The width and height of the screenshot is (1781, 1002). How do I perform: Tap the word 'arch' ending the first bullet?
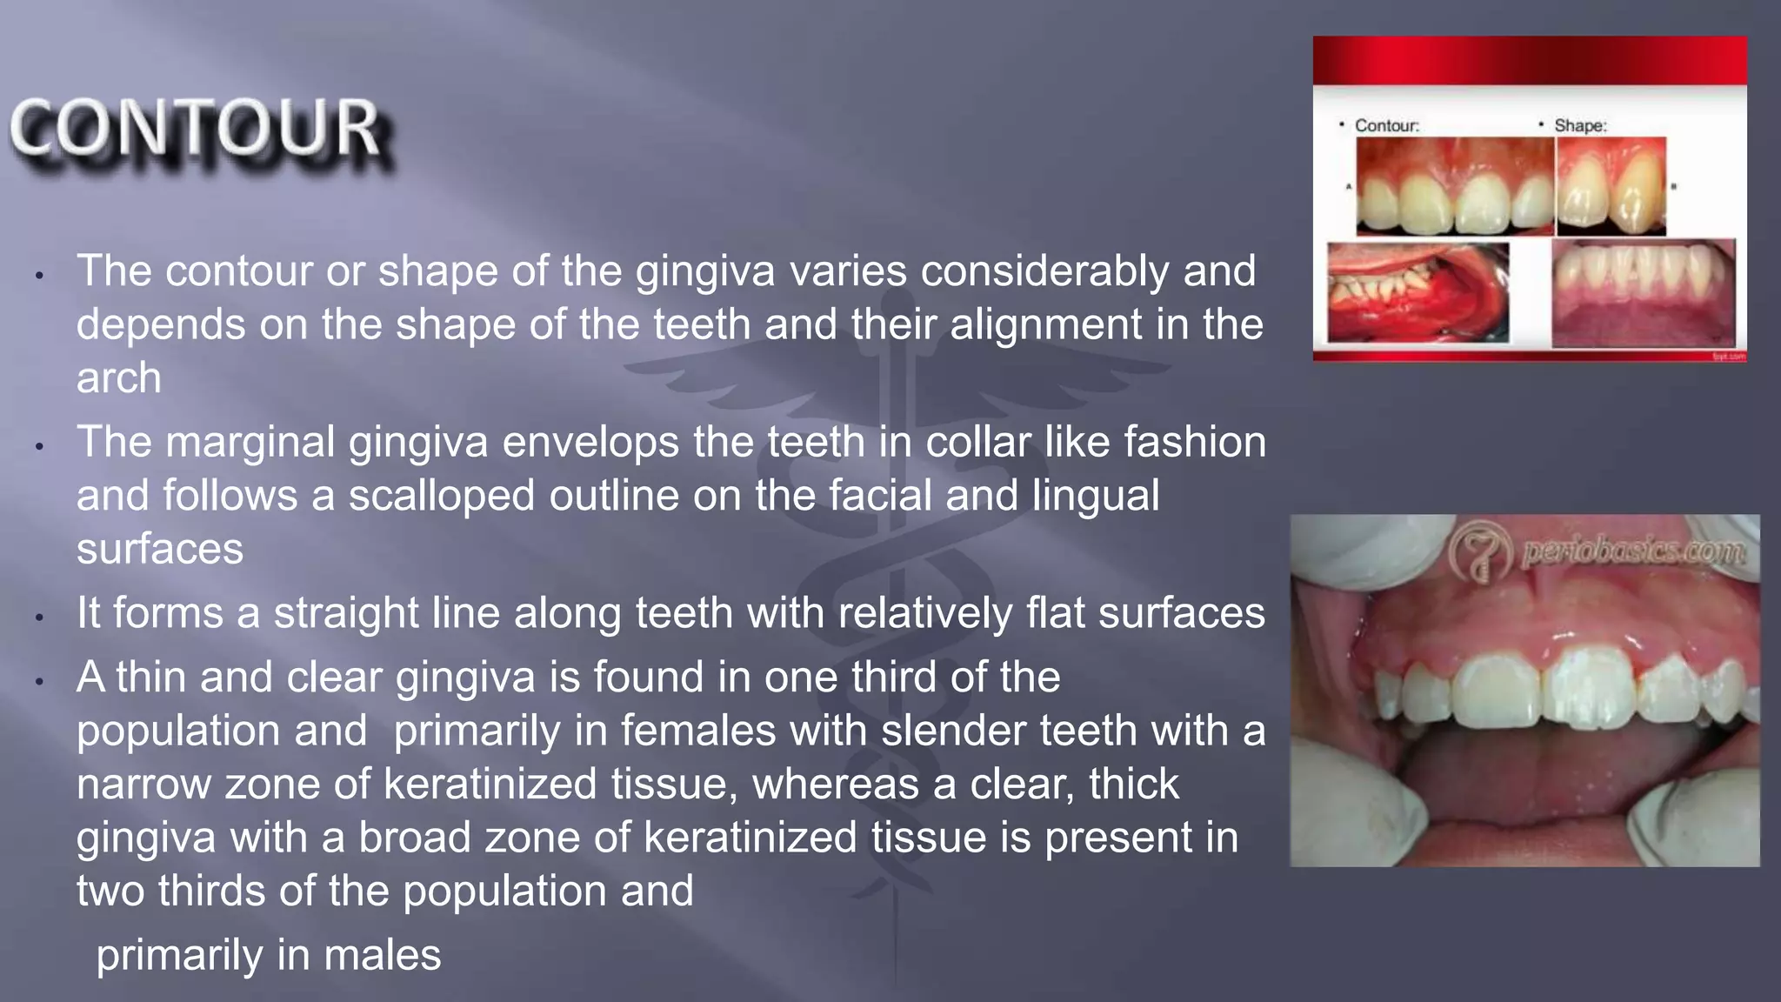[119, 378]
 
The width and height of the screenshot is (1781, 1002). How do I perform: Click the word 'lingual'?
[1096, 496]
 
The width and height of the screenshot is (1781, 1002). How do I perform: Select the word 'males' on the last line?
[383, 955]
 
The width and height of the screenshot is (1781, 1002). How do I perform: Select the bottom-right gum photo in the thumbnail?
[1643, 294]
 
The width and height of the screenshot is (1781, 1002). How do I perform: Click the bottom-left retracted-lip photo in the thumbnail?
[1417, 292]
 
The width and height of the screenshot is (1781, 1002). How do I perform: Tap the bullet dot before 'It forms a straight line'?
[39, 618]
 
